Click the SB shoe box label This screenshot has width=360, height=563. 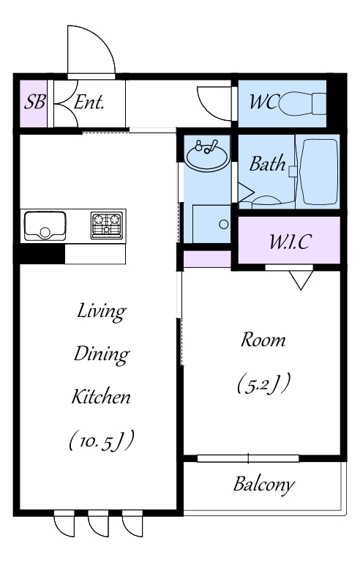tap(34, 102)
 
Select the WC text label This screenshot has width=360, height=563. tap(263, 102)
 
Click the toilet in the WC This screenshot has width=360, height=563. tap(302, 104)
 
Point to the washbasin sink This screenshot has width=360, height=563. tap(207, 156)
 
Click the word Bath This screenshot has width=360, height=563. tap(267, 164)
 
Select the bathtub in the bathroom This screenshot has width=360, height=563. tap(319, 171)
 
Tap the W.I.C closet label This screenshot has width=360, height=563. tap(290, 242)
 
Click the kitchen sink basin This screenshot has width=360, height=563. tap(45, 225)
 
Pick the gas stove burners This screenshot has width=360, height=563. tap(107, 225)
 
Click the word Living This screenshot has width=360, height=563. tap(102, 311)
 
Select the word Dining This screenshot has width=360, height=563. tap(102, 354)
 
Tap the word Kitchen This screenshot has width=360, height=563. tap(101, 396)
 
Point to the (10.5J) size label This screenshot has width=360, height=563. tap(102, 440)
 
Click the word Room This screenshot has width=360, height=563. tap(263, 340)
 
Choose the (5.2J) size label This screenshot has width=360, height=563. tap(263, 384)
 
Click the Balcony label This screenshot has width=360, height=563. tap(264, 485)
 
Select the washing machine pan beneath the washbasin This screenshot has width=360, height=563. tap(211, 224)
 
